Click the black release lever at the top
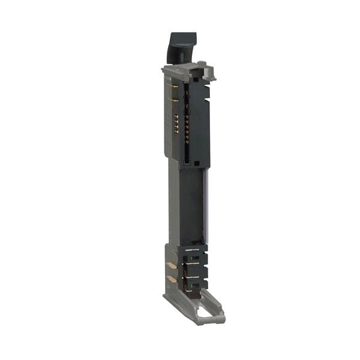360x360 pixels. click(x=181, y=47)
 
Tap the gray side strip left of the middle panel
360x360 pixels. click(x=173, y=204)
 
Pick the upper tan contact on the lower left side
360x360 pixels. click(x=172, y=265)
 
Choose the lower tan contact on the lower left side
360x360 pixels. click(x=172, y=279)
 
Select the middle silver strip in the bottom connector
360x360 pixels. click(x=193, y=262)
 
